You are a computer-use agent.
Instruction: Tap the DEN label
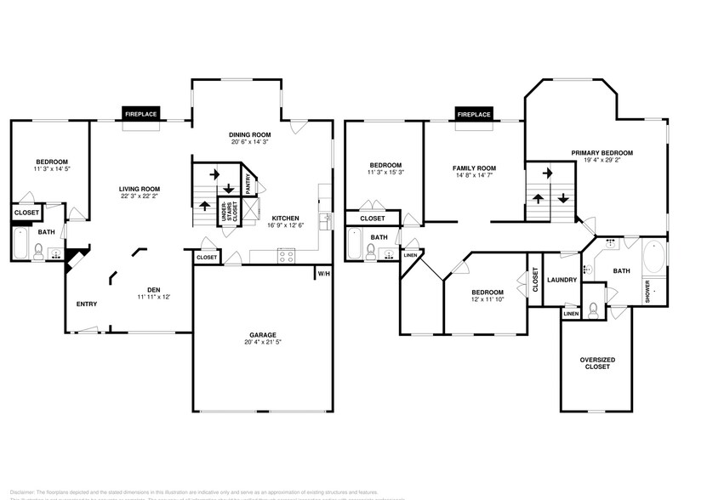(154, 289)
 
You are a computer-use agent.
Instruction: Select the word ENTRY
(86, 304)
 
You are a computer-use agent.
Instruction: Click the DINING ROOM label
(249, 134)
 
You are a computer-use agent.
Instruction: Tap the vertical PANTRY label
(248, 185)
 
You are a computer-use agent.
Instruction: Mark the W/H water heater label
(322, 274)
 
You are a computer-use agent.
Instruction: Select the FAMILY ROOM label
(474, 168)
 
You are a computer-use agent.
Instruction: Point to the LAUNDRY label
(562, 280)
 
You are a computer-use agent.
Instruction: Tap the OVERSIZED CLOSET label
(597, 363)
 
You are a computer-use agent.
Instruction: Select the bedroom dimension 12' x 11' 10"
(488, 299)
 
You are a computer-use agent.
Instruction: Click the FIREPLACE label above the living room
(141, 114)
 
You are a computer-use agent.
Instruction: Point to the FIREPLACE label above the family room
(474, 114)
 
